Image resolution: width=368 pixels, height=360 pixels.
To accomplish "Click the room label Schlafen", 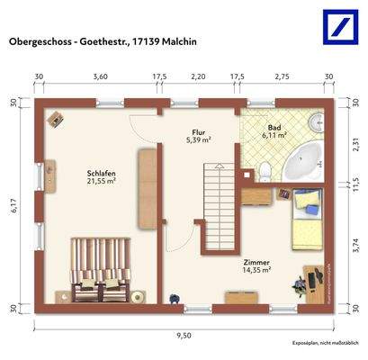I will click(x=100, y=174).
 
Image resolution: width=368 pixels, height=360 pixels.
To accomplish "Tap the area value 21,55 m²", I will click(x=100, y=183).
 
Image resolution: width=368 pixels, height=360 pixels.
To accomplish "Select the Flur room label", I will click(x=198, y=131).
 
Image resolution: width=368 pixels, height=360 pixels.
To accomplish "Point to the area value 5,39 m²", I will click(x=198, y=140).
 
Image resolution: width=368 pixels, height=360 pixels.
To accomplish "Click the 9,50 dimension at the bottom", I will click(x=184, y=335).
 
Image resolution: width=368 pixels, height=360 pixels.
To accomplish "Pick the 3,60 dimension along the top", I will click(x=100, y=77).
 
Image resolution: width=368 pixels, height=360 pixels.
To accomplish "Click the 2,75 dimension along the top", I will click(x=281, y=77).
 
